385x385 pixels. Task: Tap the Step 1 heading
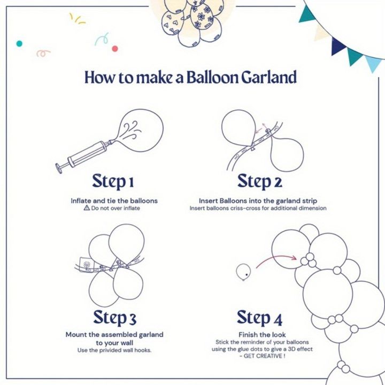point(113,181)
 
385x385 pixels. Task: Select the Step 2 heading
point(259,181)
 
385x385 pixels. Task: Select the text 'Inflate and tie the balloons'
point(114,201)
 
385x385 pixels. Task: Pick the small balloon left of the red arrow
point(243,272)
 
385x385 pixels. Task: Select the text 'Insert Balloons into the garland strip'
point(258,201)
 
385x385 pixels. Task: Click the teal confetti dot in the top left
point(19,43)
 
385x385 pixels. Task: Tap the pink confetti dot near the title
point(114,49)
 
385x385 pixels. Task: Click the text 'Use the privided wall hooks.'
point(114,350)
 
